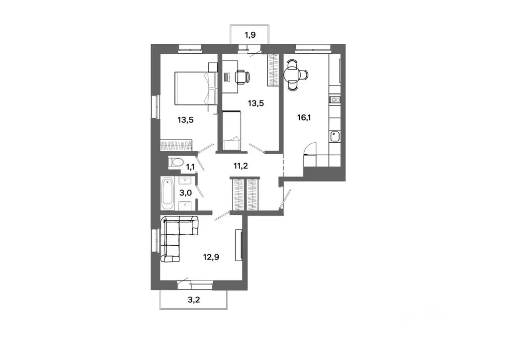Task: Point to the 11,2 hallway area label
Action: tap(241, 167)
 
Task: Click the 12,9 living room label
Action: tap(212, 258)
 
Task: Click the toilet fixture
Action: tap(175, 162)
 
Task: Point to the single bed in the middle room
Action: tap(231, 131)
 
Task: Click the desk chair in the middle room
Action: tap(242, 77)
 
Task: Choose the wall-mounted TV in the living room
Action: tap(242, 245)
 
